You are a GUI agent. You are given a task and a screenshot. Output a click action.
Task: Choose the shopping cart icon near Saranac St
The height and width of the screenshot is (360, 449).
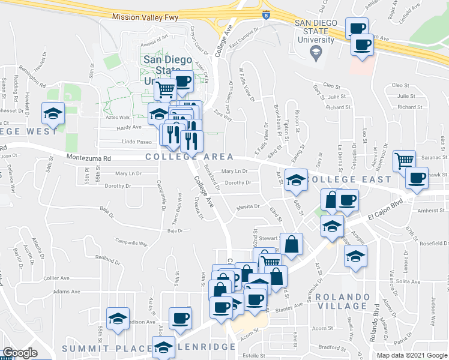click(x=405, y=160)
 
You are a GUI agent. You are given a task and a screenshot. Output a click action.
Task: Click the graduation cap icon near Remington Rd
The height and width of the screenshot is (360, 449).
click(x=53, y=112)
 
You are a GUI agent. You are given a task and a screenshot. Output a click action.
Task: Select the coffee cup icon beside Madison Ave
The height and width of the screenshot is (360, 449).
click(x=179, y=318)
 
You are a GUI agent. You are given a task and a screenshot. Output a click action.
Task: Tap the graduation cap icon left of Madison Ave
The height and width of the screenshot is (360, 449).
click(x=118, y=318)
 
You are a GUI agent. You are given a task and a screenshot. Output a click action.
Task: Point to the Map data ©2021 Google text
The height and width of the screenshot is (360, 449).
click(x=412, y=355)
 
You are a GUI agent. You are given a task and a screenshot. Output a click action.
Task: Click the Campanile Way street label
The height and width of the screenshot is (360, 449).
click(x=131, y=244)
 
